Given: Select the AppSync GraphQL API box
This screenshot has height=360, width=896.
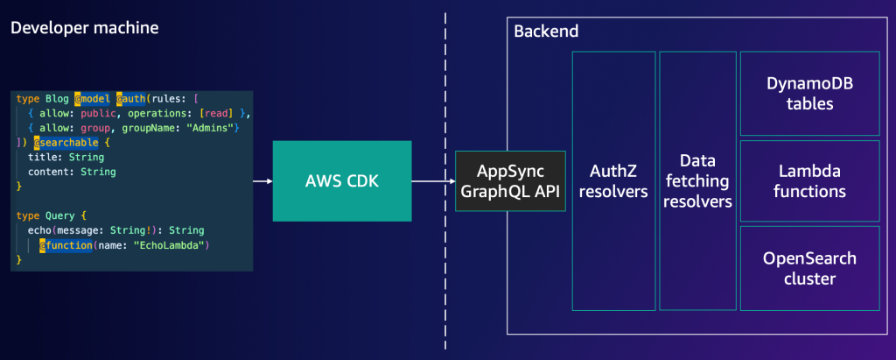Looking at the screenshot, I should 511,181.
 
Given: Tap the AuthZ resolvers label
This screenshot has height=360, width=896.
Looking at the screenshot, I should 613,181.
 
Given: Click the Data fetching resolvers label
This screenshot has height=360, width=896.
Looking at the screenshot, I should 696,181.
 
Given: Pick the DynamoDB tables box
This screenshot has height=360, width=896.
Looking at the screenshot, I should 809,94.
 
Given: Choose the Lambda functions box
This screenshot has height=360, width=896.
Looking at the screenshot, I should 809,181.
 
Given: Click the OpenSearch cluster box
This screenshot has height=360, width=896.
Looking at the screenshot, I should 809,269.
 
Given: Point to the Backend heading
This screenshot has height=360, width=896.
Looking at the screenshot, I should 546,32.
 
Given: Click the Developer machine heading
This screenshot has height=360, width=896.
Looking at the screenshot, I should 84,28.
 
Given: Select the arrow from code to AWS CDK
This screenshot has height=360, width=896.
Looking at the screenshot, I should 262,181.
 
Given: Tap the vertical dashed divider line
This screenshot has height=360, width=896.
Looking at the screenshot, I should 445,175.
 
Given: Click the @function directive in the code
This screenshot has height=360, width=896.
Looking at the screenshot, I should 66,245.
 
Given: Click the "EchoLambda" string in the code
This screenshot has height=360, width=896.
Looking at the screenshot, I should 171,245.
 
